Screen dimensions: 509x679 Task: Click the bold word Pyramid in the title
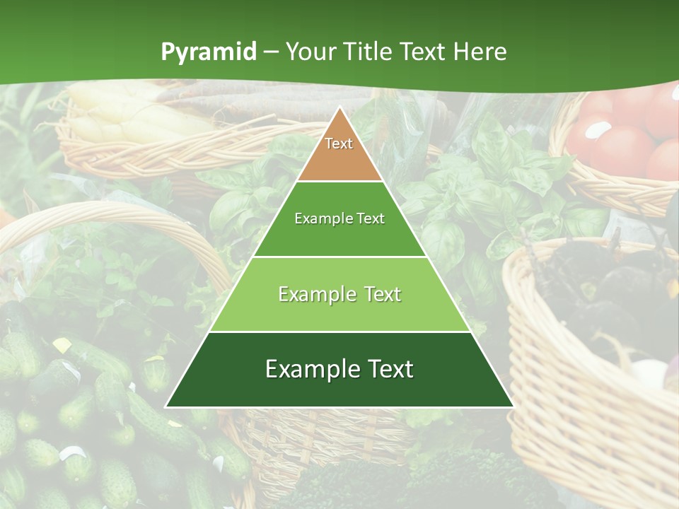pyautogui.click(x=209, y=52)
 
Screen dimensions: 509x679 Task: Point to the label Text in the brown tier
pyautogui.click(x=339, y=144)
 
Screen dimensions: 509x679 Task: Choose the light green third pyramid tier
pyautogui.click(x=339, y=311)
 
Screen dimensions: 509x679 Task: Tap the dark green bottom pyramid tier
pyautogui.click(x=339, y=389)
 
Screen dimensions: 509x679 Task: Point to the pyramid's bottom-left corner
pyautogui.click(x=166, y=406)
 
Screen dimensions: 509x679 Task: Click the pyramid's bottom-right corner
pyautogui.click(x=513, y=406)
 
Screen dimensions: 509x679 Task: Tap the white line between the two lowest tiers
pyautogui.click(x=339, y=332)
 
